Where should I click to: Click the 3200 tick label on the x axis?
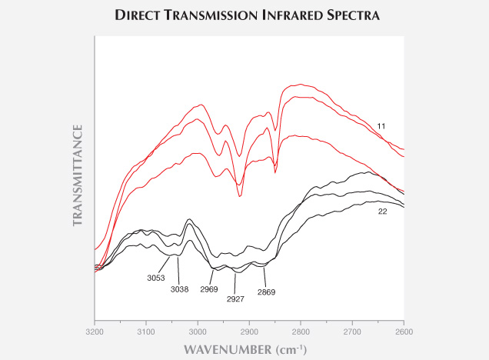[95, 331]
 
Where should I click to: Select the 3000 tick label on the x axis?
[198, 331]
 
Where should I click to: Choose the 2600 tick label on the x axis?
[404, 331]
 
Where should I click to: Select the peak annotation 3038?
[180, 289]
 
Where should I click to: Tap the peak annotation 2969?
[210, 289]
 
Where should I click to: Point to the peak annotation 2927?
[235, 298]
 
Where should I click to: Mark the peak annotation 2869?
[266, 292]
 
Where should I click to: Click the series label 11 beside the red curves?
[381, 125]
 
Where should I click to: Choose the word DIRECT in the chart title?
[142, 15]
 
